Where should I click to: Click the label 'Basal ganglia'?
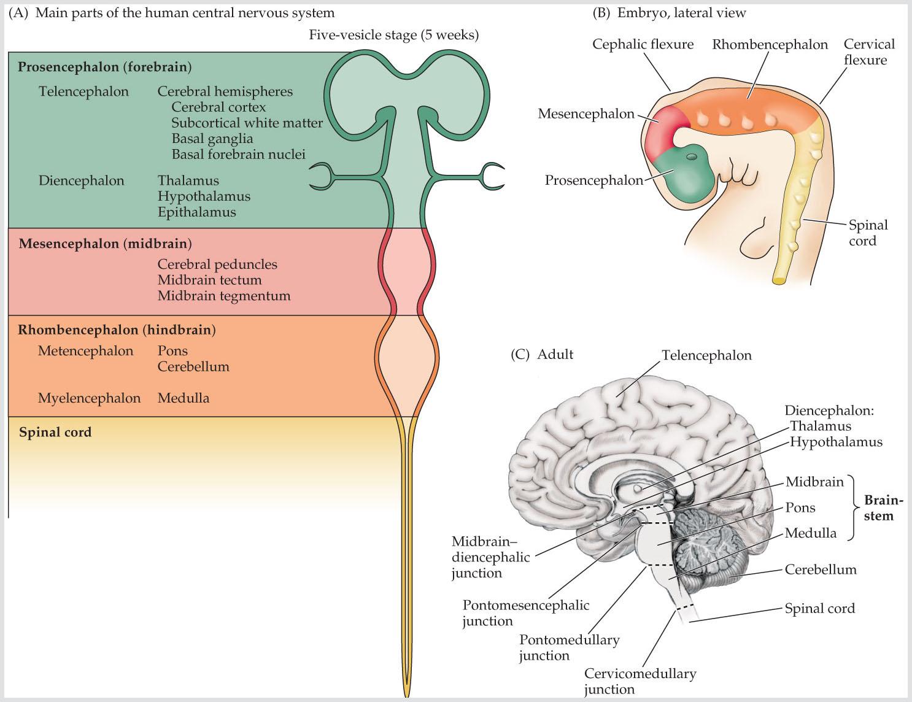tap(212, 139)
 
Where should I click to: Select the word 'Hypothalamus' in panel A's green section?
tap(204, 196)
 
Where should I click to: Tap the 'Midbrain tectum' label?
tap(209, 280)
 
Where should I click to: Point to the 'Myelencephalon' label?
tap(90, 398)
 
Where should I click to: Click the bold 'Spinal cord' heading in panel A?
tap(55, 432)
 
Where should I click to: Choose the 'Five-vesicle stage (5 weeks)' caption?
tap(393, 35)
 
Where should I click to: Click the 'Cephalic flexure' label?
tap(643, 44)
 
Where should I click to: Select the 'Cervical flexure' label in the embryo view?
tap(869, 52)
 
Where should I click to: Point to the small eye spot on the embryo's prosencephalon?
tap(692, 157)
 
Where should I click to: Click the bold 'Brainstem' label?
tap(883, 507)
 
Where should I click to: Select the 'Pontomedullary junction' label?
tap(569, 647)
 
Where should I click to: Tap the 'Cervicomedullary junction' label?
tap(640, 681)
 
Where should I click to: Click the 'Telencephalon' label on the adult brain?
tap(707, 355)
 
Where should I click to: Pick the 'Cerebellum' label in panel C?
tap(821, 569)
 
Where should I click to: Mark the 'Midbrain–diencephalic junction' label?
tap(490, 557)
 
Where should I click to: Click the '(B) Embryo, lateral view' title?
tap(669, 13)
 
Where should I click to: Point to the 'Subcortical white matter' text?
tap(247, 123)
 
